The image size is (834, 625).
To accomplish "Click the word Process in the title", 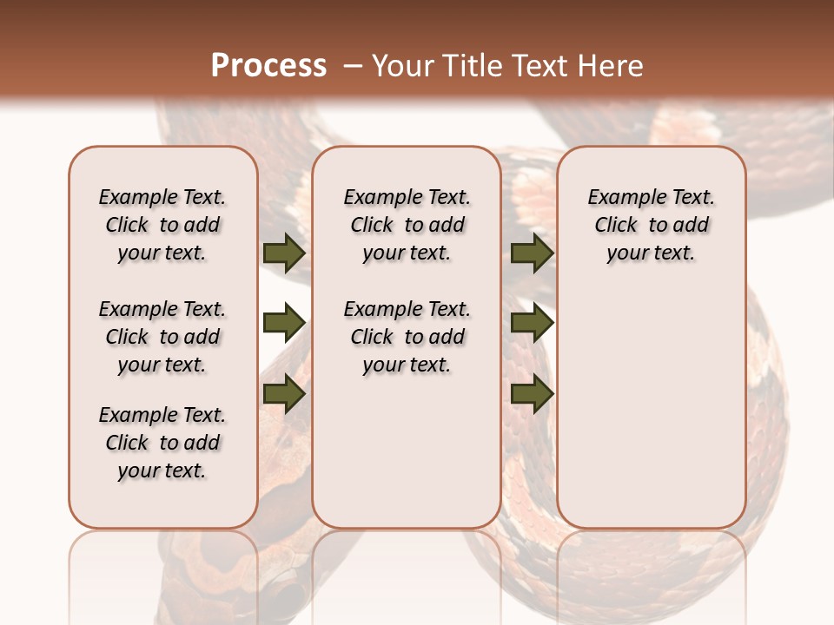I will tap(268, 66).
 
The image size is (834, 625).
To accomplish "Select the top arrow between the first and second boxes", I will tap(284, 253).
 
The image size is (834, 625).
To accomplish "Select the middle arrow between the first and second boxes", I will tap(284, 324).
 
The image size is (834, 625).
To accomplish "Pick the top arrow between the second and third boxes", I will tap(532, 253).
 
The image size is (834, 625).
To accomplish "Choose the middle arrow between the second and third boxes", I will tap(532, 324).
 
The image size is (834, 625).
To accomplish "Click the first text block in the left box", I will tap(162, 225).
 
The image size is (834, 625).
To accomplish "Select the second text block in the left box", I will tap(162, 337).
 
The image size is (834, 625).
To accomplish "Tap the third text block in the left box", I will tap(162, 443).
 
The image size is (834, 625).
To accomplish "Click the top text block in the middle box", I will tap(407, 225).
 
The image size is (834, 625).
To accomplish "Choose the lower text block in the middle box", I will tap(407, 337).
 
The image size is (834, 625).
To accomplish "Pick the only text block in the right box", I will tap(651, 225).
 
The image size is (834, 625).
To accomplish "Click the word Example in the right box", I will tap(621, 198).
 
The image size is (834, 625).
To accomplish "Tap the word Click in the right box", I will tap(616, 226).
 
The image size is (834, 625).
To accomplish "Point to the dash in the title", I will tap(353, 66).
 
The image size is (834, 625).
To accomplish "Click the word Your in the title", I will tap(400, 66).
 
